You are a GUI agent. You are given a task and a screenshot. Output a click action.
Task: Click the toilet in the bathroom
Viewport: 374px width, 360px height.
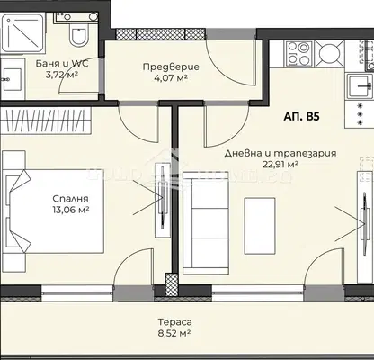point(78,35)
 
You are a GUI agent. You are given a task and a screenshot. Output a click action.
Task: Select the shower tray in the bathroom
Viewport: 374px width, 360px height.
point(22,33)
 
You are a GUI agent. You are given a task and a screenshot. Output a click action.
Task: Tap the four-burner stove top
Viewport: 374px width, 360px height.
point(298,53)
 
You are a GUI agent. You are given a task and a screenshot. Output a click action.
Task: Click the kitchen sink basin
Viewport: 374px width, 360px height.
point(361,85)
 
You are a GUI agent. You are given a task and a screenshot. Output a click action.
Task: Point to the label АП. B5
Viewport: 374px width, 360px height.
point(301,116)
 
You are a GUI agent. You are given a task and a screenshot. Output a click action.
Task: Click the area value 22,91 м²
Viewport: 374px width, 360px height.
point(280,164)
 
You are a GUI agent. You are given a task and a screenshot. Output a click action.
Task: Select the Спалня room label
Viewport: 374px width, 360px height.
point(70,199)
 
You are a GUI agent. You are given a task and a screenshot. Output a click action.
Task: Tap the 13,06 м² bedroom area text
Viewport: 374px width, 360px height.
point(70,210)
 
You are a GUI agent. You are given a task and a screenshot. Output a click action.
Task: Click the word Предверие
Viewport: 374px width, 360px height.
point(171,67)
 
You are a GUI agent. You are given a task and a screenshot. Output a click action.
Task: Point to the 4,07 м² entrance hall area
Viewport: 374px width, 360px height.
point(171,78)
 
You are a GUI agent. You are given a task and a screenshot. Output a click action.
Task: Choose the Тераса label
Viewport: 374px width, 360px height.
point(175,322)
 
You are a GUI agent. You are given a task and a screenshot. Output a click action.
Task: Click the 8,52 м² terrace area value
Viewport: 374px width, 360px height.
point(175,333)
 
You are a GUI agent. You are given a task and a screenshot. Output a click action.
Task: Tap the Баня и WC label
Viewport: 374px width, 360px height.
point(62,64)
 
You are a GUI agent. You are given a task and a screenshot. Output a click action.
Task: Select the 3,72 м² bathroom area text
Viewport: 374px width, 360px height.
point(62,75)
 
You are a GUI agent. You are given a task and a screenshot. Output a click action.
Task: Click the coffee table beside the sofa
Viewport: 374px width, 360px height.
point(260,226)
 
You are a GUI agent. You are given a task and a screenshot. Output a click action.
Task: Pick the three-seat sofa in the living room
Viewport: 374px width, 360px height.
point(206,223)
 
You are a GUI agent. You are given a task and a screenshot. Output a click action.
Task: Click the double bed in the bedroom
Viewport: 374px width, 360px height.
point(53,211)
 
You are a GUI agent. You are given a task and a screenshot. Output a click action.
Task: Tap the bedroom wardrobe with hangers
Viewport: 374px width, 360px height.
point(46,121)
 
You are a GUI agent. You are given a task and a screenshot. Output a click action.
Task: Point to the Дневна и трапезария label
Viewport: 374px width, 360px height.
point(280,154)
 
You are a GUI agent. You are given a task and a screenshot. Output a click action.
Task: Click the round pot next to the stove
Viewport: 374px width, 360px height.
point(329,53)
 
